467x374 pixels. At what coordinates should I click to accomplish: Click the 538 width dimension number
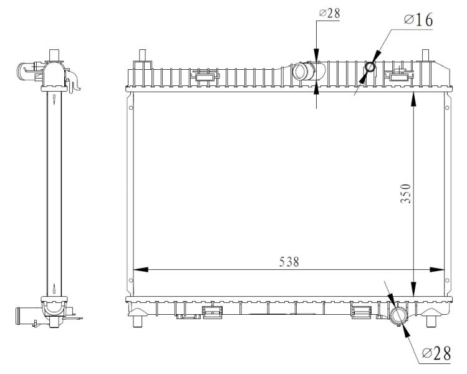[x=288, y=262]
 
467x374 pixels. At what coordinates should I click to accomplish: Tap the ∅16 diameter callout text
[x=418, y=19]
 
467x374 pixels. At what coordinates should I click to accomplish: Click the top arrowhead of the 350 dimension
[x=414, y=96]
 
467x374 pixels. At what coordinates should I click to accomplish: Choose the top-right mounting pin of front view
[x=426, y=55]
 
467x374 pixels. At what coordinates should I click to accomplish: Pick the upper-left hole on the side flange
[x=131, y=107]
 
